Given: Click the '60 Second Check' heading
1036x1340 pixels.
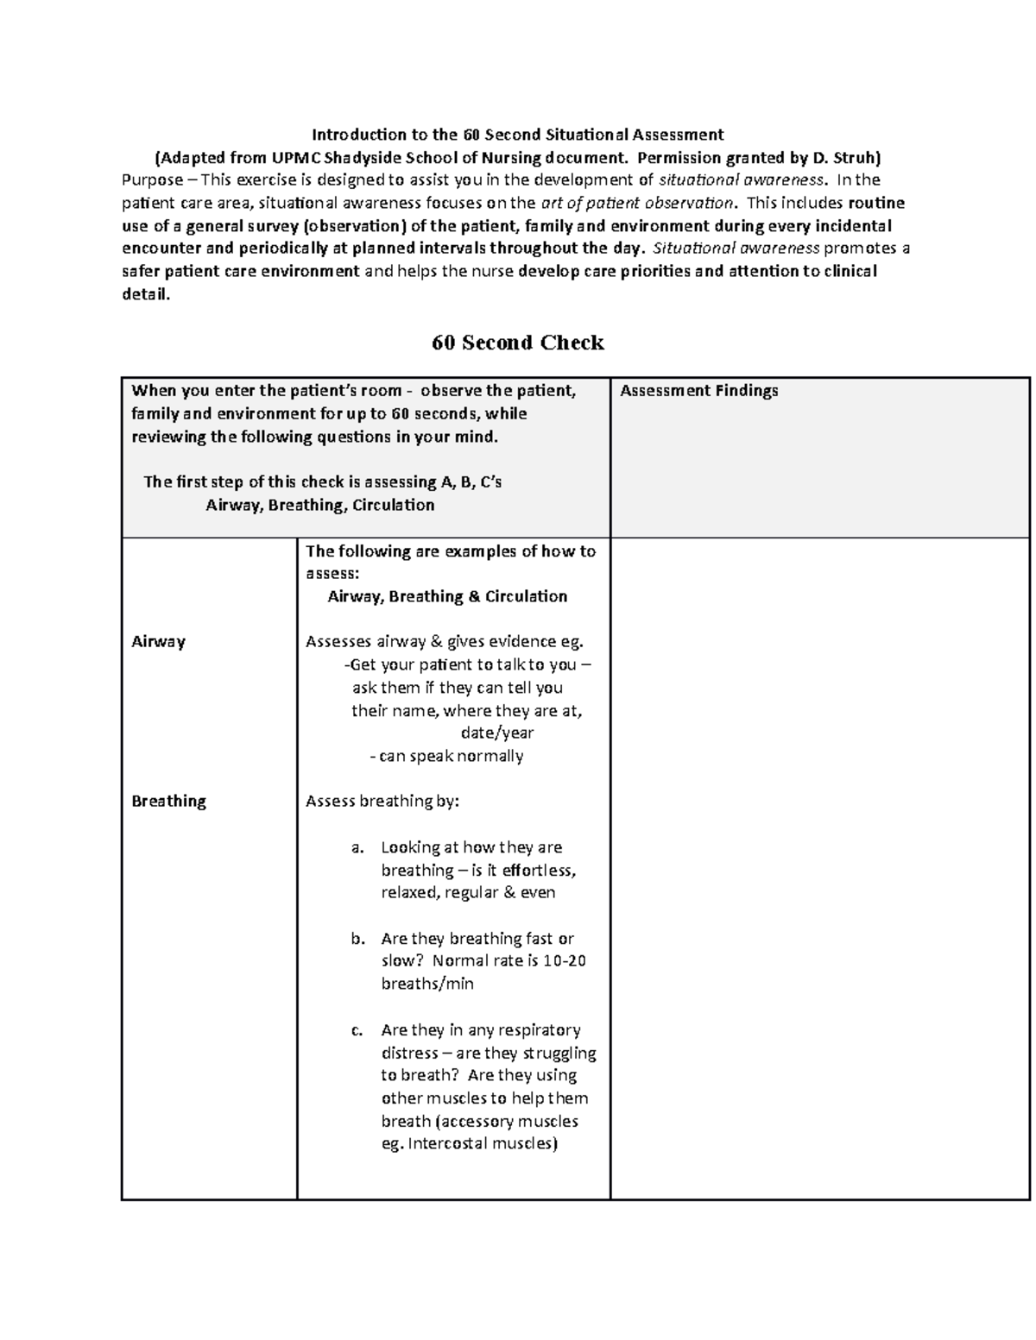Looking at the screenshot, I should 517,343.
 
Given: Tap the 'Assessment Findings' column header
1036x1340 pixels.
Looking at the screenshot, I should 698,391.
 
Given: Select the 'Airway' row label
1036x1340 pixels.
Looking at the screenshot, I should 158,642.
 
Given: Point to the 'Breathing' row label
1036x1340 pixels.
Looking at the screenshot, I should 168,802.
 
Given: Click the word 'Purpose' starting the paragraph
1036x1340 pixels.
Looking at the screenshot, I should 152,180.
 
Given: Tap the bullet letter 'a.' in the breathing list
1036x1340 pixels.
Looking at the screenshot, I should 358,848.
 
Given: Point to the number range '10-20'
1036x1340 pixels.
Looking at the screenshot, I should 565,961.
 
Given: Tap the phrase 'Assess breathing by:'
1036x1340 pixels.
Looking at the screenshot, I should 382,802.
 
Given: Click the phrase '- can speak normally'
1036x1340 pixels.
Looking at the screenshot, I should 445,757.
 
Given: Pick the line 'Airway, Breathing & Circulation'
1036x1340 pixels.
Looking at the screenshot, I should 447,597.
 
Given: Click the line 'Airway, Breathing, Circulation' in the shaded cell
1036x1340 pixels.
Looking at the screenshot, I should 319,506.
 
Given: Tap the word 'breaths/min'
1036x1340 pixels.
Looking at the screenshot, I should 427,985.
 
